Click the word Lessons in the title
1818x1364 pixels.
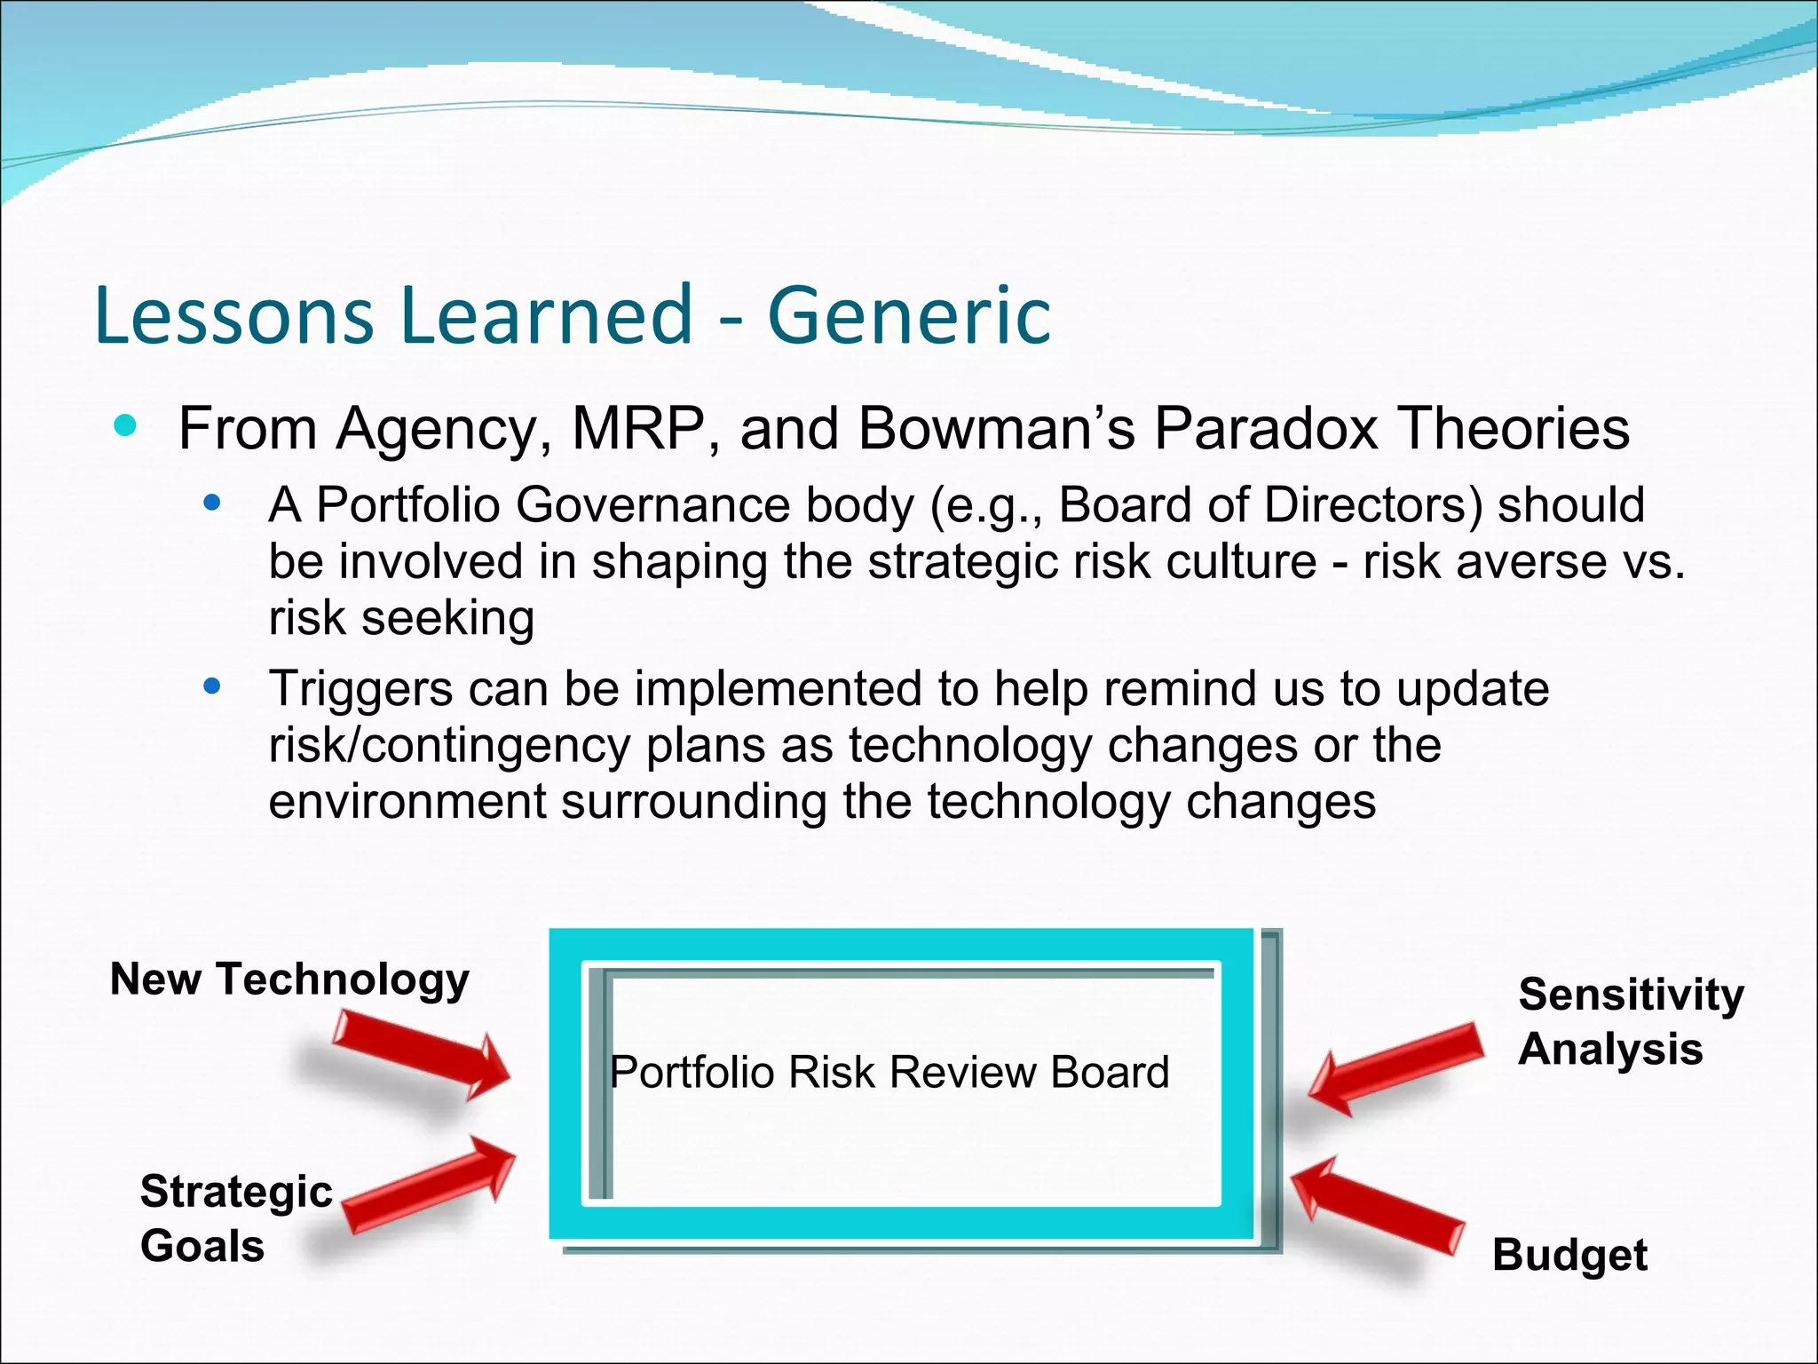(x=233, y=315)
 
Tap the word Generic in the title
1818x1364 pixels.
(x=909, y=315)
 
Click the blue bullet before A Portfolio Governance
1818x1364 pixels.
(x=211, y=504)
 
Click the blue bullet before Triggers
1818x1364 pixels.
(x=211, y=686)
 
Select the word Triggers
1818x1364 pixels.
(x=360, y=689)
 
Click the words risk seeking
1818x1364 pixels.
(x=401, y=618)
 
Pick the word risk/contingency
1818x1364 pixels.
(x=449, y=745)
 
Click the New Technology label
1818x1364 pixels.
(x=289, y=980)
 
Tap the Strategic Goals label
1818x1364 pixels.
(x=235, y=1218)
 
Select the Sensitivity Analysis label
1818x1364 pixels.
(x=1630, y=1021)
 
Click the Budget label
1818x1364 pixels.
(x=1569, y=1256)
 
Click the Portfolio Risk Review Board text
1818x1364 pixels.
(x=889, y=1072)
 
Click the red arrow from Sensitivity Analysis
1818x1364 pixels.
(x=1395, y=1067)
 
